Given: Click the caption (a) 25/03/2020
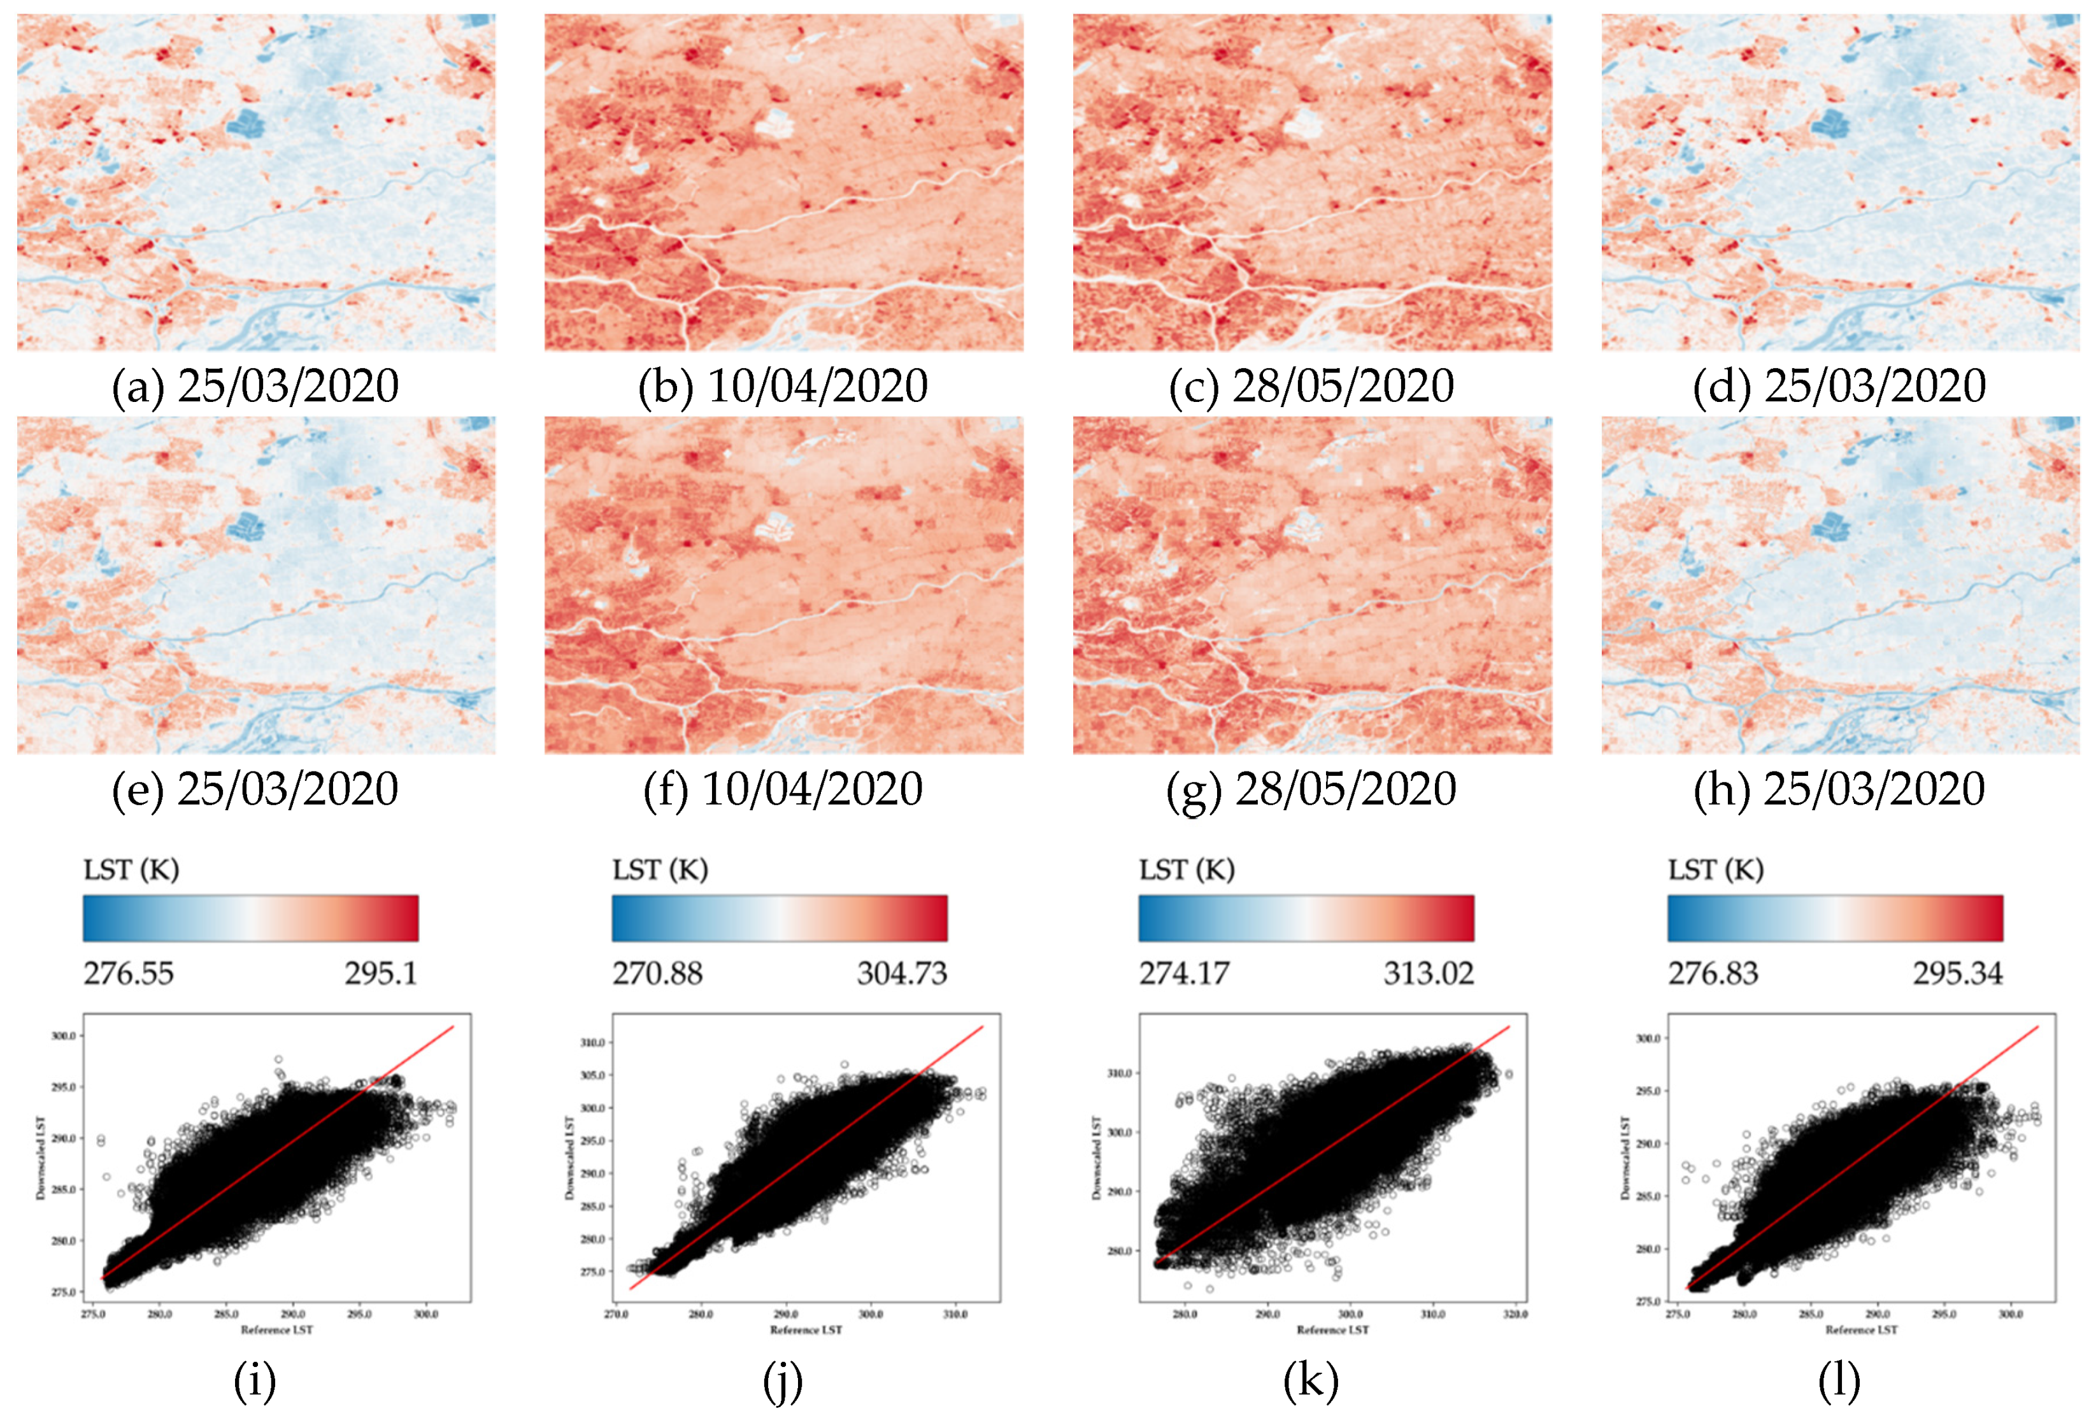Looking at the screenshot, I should pos(255,387).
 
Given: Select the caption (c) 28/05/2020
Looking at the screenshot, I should pos(1311,387).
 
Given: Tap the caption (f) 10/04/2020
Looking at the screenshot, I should pos(783,789).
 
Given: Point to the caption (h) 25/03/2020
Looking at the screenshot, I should pos(1839,789).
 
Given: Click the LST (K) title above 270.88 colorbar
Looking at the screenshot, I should pos(660,870).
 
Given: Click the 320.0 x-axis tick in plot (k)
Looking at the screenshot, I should pos(1516,1315).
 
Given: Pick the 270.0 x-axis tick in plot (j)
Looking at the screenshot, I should pos(616,1315).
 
